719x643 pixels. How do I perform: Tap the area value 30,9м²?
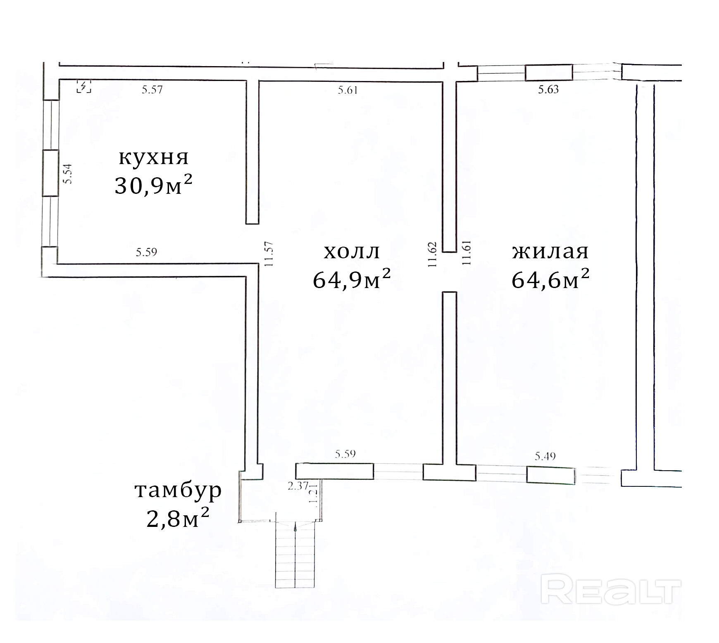153,186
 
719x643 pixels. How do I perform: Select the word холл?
352,252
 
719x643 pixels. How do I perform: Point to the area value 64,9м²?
352,280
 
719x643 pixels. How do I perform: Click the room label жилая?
550,252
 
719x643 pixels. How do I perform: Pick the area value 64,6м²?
550,280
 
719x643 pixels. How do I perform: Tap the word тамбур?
178,490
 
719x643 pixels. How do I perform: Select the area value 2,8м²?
178,519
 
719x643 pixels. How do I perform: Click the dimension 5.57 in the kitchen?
152,90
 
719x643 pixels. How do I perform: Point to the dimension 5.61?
348,90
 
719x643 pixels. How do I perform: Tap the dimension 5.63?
548,90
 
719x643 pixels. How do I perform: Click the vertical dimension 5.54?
67,174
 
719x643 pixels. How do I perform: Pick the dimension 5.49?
545,456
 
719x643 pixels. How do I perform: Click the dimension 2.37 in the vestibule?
298,486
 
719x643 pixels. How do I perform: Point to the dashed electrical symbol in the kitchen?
84,87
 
